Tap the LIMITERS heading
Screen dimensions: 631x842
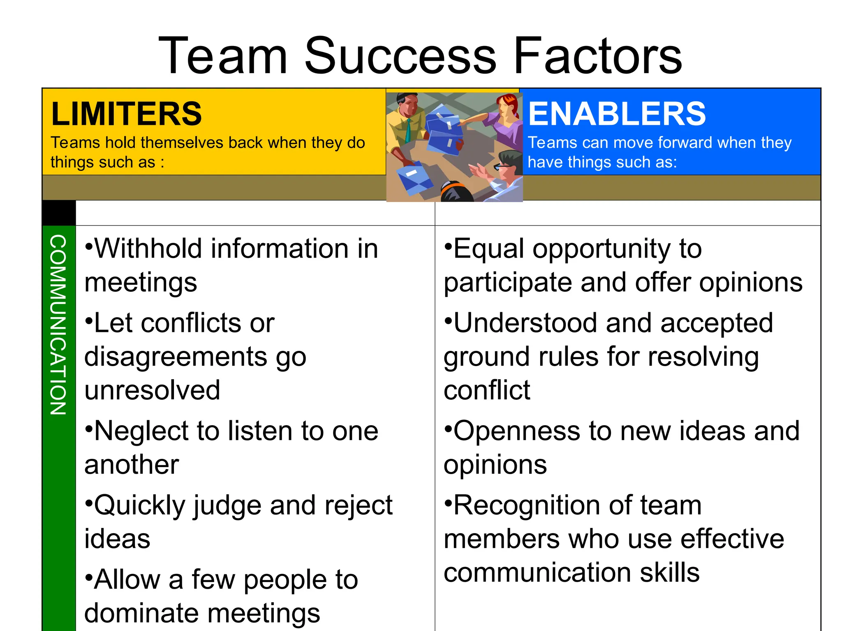pyautogui.click(x=126, y=114)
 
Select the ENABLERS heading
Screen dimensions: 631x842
pyautogui.click(x=617, y=114)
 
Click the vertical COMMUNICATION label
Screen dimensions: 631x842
pyautogui.click(x=58, y=325)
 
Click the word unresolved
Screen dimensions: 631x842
pyautogui.click(x=152, y=390)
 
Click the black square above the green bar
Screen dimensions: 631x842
pyautogui.click(x=59, y=212)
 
